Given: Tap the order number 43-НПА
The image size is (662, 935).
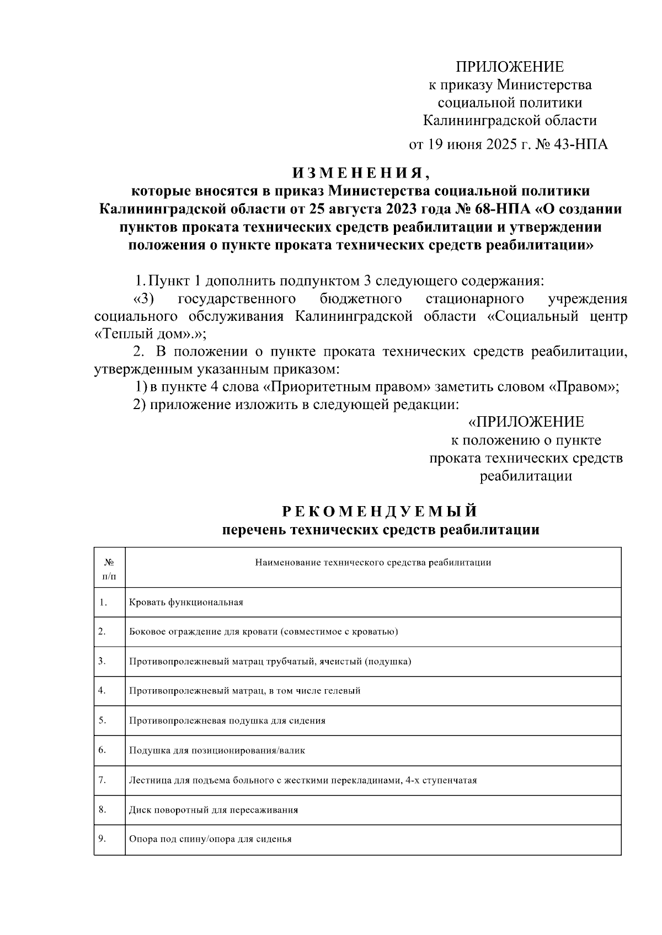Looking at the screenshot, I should [x=583, y=144].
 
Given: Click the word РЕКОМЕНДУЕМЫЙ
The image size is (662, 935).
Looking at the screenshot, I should [x=380, y=511].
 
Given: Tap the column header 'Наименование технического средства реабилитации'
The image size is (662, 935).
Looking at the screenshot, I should [x=373, y=562].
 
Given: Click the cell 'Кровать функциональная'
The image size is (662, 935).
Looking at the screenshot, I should [x=186, y=602].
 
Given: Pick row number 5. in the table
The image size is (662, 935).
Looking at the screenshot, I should [x=102, y=720].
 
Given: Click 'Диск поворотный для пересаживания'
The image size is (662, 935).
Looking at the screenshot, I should [x=213, y=810].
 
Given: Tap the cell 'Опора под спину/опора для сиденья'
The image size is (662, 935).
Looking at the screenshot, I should [x=210, y=839].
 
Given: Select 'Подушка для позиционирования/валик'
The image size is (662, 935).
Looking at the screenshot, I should [x=217, y=750].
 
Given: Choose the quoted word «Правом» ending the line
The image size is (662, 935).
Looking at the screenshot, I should [x=583, y=387].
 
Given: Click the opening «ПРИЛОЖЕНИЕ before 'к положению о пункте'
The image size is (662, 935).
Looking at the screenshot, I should [x=526, y=422].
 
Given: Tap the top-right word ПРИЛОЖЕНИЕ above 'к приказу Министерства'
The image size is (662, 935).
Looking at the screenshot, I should [x=509, y=67].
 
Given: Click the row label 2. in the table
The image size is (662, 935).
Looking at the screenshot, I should [x=102, y=631].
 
